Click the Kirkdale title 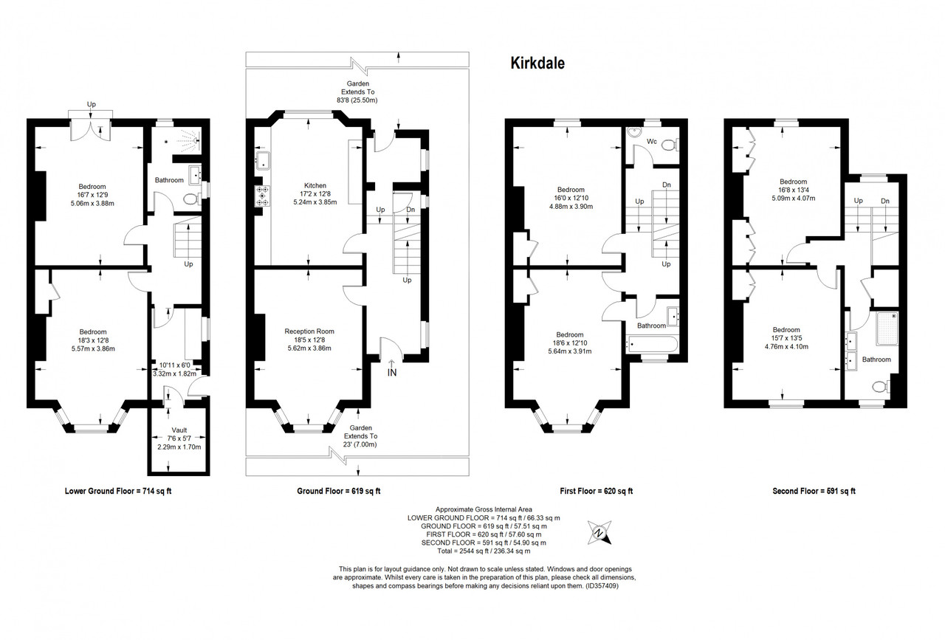click(537, 63)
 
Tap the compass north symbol click(599, 532)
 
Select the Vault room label click(179, 430)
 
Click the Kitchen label click(315, 185)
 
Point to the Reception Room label click(309, 331)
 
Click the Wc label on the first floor click(652, 142)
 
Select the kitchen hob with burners click(263, 196)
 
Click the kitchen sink click(262, 159)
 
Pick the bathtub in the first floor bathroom click(652, 344)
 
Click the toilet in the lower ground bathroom click(193, 199)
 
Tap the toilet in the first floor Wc click(670, 146)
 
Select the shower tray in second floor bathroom click(887, 329)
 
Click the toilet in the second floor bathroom click(881, 386)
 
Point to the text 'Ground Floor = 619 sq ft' click(339, 491)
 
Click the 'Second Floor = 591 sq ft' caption click(814, 491)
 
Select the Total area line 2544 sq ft click(484, 551)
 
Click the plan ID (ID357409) click(602, 586)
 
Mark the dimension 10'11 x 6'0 click(175, 365)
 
